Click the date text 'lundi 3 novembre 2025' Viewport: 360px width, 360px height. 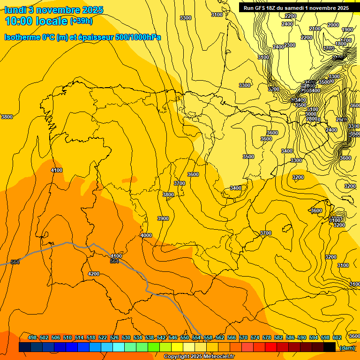[54, 10]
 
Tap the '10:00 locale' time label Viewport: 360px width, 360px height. [36, 21]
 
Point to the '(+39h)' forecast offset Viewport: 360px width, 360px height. [81, 21]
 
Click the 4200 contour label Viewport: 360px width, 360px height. [94, 274]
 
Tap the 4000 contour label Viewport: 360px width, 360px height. [146, 235]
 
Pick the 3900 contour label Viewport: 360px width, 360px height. [163, 219]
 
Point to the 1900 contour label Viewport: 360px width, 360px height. [347, 30]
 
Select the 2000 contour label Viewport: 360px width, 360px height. [333, 25]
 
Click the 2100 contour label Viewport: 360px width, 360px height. [315, 29]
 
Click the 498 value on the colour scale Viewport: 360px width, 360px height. [32, 337]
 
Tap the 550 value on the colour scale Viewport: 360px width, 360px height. [184, 337]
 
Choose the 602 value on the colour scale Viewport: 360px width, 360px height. [337, 337]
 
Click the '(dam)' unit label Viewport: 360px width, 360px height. [347, 348]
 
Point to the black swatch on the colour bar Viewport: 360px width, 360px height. [330, 347]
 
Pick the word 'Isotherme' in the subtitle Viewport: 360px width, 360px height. [22, 37]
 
